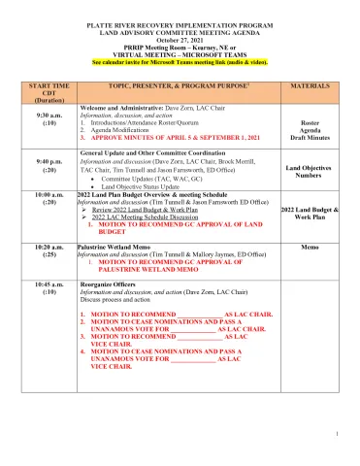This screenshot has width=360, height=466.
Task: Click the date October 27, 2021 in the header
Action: pos(180,42)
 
